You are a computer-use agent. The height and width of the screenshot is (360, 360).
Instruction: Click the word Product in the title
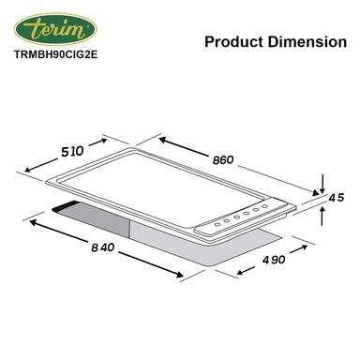[x=232, y=42]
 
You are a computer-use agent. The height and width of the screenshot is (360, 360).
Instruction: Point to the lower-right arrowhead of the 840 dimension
[x=179, y=274]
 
